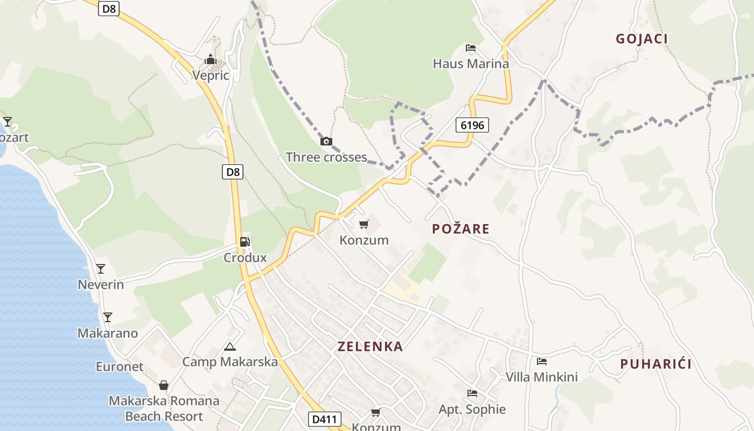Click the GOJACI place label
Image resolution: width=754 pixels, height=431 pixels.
[641, 39]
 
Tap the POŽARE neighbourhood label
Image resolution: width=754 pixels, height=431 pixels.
[460, 229]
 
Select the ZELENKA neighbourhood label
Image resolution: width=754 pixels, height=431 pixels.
[370, 346]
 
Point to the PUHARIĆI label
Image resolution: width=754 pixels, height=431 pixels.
[655, 364]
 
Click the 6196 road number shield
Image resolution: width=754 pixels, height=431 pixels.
[473, 126]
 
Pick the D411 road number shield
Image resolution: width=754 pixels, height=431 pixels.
[325, 419]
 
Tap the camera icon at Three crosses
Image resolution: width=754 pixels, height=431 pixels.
[326, 142]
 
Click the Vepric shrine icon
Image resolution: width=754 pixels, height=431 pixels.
[211, 59]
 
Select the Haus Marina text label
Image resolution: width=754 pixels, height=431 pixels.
[471, 64]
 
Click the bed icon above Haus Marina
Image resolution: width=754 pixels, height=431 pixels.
[471, 48]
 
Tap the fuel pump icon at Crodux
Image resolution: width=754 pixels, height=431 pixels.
[245, 242]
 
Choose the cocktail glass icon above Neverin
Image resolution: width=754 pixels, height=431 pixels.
[101, 269]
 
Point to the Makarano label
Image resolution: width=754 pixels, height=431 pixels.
[108, 333]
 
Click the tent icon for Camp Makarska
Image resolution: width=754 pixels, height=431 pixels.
[230, 346]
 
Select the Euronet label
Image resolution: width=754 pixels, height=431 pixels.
[120, 367]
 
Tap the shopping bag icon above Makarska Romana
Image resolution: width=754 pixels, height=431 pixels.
[164, 385]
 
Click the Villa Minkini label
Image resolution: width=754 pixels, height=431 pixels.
[541, 377]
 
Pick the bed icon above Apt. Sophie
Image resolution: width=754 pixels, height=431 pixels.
[472, 393]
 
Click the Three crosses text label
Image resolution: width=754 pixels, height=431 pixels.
[326, 157]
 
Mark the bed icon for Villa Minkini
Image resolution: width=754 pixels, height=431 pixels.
[541, 362]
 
